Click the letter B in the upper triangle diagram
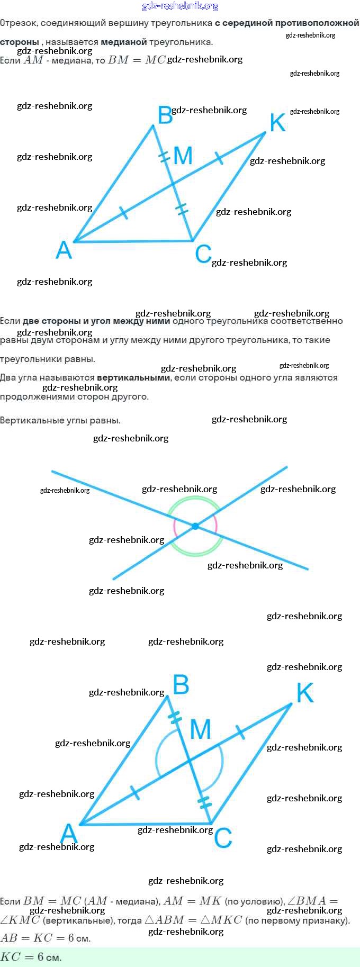165,115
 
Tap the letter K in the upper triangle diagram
277,123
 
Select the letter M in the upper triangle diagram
183,156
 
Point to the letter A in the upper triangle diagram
64,250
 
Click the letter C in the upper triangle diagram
203,254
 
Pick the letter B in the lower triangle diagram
181,685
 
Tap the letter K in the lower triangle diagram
305,693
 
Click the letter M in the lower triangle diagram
200,730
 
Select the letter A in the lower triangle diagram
69,834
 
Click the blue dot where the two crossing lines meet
195,526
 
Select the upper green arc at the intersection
193,500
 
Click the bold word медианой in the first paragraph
124,42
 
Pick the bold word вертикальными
133,378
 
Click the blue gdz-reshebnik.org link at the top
180,6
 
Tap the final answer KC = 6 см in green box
31,957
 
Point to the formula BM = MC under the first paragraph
137,60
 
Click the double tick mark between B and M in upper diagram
165,157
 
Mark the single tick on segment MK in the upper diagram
218,157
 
